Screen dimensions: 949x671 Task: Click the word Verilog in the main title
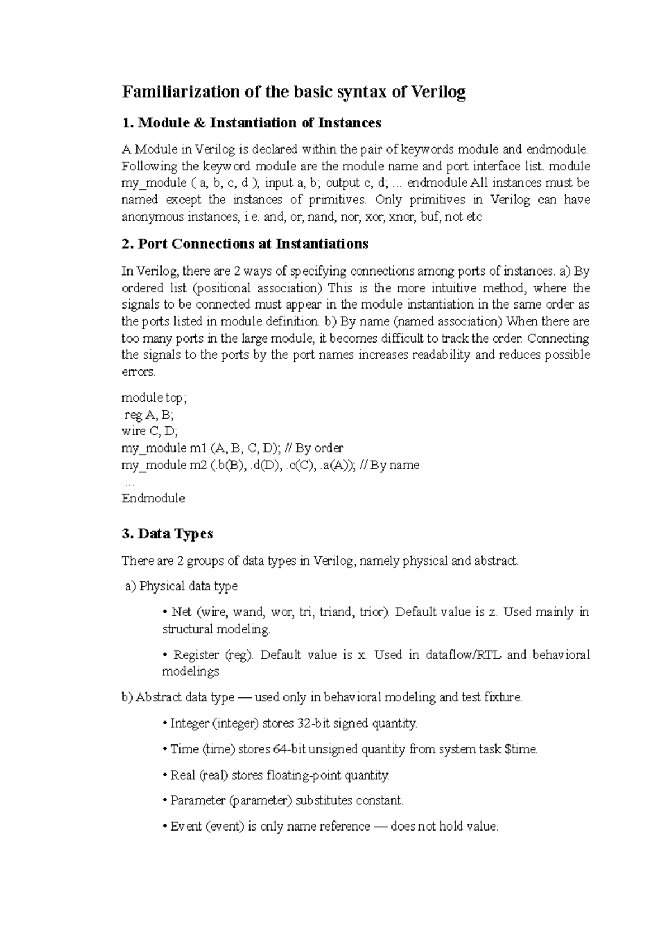click(438, 92)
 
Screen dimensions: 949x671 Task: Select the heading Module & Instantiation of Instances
click(259, 122)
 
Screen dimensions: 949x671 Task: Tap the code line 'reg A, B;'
click(149, 415)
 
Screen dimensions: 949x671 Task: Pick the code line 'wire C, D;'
click(149, 431)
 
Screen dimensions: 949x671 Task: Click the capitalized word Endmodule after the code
click(153, 499)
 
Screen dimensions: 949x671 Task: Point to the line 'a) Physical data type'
click(181, 586)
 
